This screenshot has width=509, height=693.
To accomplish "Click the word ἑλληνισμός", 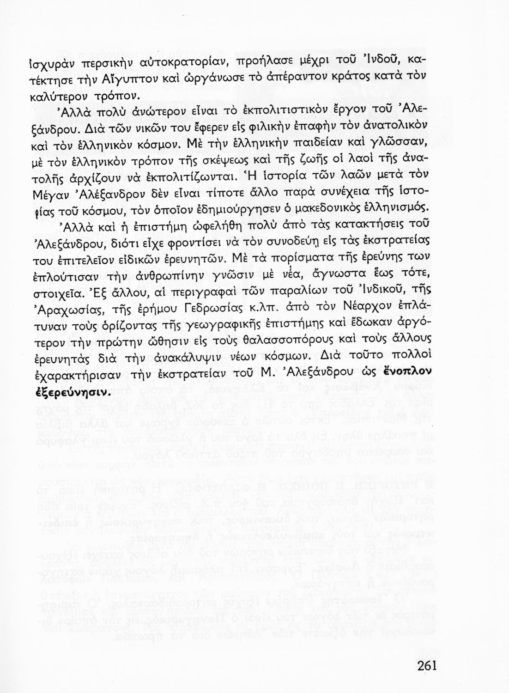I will [x=399, y=208].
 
